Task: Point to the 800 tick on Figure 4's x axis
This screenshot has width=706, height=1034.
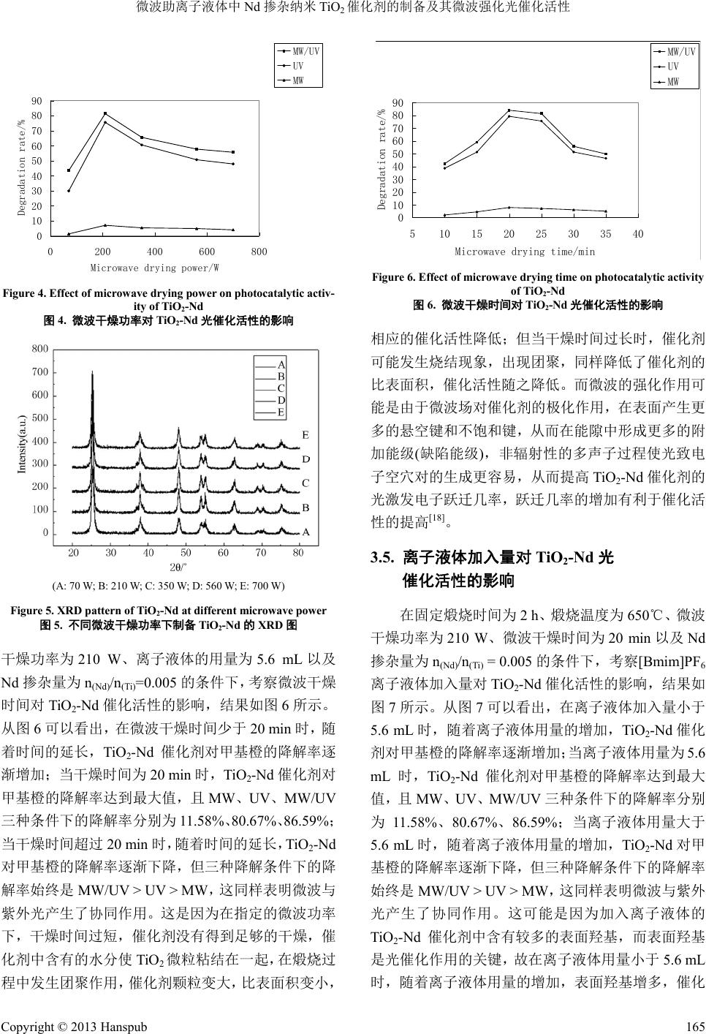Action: pyautogui.click(x=259, y=252)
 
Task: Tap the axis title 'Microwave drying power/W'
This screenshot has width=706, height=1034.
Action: pyautogui.click(x=155, y=268)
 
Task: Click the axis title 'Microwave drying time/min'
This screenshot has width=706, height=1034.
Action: pyautogui.click(x=525, y=252)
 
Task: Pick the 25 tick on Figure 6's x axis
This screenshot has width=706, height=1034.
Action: pyautogui.click(x=541, y=234)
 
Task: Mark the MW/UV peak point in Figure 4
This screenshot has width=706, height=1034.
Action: pyautogui.click(x=105, y=113)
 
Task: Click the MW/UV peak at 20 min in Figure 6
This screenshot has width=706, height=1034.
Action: pyautogui.click(x=509, y=110)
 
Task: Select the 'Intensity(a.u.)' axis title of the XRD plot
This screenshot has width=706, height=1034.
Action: pyautogui.click(x=21, y=445)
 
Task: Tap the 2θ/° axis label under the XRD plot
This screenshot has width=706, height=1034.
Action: pyautogui.click(x=178, y=567)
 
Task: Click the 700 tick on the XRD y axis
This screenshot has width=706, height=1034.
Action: pyautogui.click(x=40, y=372)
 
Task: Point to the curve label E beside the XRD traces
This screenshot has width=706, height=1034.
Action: pyautogui.click(x=305, y=435)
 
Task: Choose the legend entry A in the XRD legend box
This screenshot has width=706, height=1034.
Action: pyautogui.click(x=281, y=363)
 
